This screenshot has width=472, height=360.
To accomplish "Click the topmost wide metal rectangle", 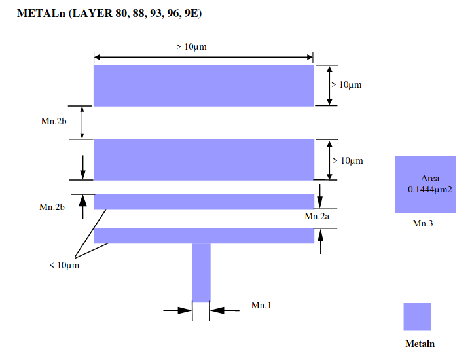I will [204, 85].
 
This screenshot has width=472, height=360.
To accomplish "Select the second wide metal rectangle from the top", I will [204, 160].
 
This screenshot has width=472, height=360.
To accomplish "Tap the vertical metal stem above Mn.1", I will [201, 272].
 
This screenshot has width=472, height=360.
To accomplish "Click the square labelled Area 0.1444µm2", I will [425, 185].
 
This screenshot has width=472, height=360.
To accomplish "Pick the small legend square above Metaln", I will [417, 316].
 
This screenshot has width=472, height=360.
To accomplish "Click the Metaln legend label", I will [420, 344].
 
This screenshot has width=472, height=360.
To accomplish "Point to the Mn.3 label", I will [424, 223].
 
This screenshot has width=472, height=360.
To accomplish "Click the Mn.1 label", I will [261, 305].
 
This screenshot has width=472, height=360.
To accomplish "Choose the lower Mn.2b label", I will [52, 207].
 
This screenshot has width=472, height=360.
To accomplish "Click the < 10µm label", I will [64, 265].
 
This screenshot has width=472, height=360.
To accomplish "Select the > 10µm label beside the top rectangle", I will [346, 85].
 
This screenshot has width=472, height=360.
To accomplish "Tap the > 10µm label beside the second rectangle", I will [347, 160].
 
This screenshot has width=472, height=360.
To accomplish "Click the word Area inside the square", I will [430, 178].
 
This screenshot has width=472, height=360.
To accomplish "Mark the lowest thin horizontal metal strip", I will [204, 236].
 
